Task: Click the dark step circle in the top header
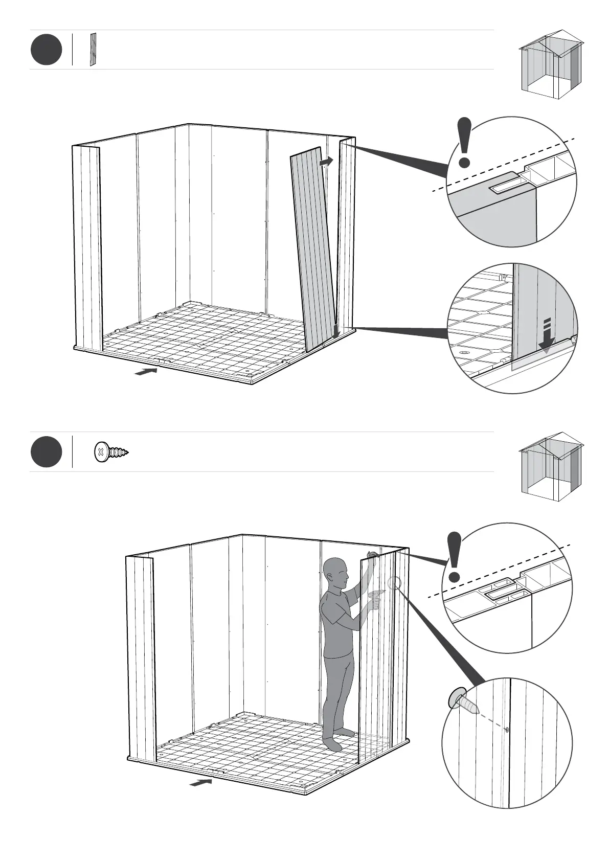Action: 46,50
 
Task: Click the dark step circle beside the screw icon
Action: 46,452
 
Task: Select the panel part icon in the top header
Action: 93,50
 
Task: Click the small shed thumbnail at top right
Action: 551,64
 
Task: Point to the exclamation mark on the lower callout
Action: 454,557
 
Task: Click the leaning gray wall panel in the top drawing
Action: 313,251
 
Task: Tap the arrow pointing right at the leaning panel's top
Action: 326,162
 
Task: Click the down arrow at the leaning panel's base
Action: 336,331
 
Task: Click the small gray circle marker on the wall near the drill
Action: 394,582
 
